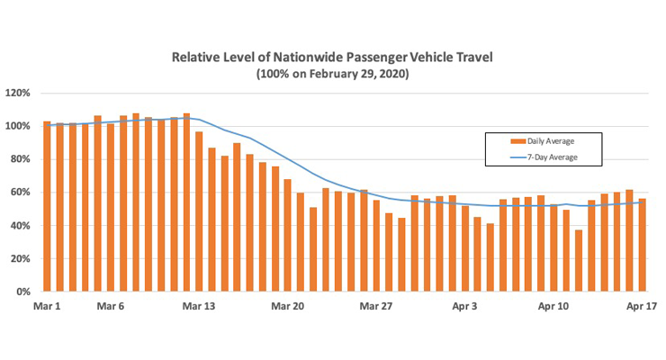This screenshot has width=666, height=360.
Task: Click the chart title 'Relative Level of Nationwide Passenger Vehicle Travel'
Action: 332,58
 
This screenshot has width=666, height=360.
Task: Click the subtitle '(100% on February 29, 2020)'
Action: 332,74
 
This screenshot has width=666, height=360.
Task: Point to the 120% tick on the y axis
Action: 18,93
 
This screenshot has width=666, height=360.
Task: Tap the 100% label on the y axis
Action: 18,126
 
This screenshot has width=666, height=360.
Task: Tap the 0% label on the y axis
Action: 22,292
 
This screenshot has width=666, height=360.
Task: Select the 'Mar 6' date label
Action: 110,307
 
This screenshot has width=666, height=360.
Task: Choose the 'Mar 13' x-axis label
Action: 199,307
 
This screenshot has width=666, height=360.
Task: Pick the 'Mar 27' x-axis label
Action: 376,307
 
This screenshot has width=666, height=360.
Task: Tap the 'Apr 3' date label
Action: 464,307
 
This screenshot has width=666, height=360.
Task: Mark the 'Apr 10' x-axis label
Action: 553,307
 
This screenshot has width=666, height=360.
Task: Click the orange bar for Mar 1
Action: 47,207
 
